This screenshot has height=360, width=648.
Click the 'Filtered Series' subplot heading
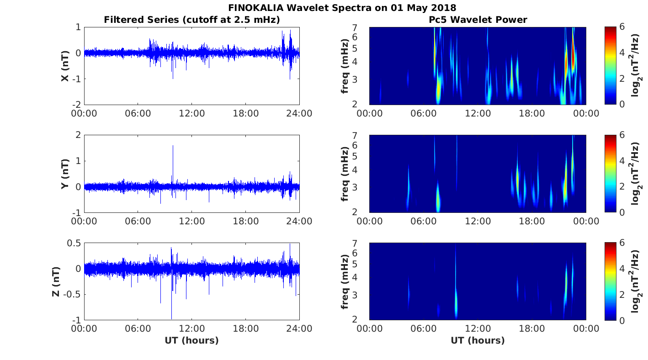coord(192,20)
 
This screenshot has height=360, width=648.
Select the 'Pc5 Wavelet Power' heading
coord(478,20)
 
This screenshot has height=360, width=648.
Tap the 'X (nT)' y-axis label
coord(65,66)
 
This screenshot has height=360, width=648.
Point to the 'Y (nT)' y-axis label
coord(65,174)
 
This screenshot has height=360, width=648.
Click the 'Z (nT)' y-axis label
coord(55,281)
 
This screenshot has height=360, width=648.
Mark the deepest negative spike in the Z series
coord(171,318)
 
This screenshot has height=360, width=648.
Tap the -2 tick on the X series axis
coord(77,105)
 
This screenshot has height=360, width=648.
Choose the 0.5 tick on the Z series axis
coord(74,243)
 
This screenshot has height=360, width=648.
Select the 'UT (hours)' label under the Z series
coord(192,340)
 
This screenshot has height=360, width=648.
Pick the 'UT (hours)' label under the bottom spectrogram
coord(478,340)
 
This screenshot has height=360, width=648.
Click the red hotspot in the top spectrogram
coord(573,46)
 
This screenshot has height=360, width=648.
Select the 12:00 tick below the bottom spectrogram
coord(478,328)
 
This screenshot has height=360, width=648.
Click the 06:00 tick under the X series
coord(138,113)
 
